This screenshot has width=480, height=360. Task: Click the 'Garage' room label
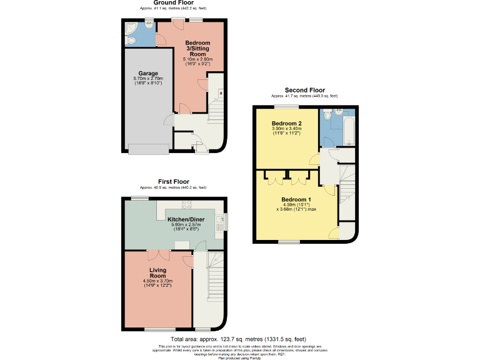pos(148,73)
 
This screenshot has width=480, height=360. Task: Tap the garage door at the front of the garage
pos(148,148)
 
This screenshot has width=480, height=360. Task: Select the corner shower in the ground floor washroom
pos(131,28)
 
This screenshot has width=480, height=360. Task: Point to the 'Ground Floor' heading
pos(173,2)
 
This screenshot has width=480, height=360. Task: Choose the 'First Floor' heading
pos(173,182)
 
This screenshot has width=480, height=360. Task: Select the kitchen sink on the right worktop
pos(220,219)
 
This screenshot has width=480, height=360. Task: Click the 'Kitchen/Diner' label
pos(185,219)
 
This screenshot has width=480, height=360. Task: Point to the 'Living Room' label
pos(157,273)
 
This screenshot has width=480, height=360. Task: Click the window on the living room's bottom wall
pos(160,329)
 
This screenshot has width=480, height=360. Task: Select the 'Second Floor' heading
pos(304,91)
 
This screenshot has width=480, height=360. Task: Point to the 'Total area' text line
pos(240,338)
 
